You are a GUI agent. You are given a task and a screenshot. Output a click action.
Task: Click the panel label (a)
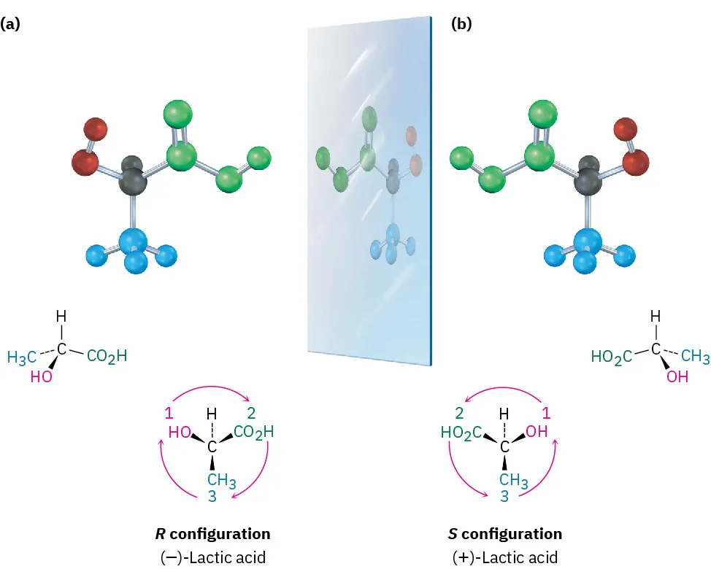coord(11,24)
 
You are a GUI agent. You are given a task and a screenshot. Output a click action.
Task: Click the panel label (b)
coord(461,24)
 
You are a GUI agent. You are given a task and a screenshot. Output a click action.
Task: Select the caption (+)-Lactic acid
coord(504,557)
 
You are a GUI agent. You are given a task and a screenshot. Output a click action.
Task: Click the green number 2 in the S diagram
coord(460,413)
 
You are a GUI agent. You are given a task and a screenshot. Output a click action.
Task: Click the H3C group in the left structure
coord(21,357)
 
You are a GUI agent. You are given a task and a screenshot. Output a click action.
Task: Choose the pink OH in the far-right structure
coord(678,379)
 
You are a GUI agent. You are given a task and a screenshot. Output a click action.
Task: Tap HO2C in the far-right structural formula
coord(611,357)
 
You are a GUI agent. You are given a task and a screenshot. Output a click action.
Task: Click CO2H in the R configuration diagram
coord(254,432)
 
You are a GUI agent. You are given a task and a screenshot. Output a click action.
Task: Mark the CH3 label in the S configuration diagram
coord(514,480)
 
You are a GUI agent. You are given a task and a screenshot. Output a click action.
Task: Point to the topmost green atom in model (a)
coord(178,115)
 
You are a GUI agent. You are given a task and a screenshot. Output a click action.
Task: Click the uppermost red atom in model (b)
coord(626,128)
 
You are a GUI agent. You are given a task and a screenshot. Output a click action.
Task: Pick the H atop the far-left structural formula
coord(62,317)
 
